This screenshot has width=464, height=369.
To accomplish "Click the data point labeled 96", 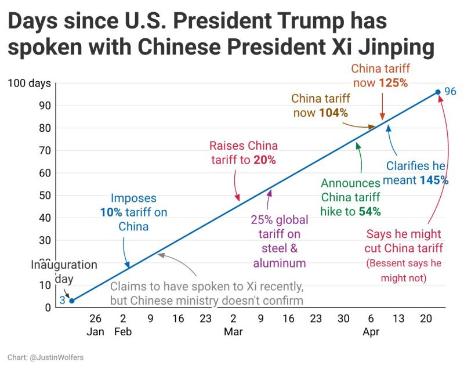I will tap(438, 92).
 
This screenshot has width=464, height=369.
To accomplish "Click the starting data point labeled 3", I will tap(72, 301).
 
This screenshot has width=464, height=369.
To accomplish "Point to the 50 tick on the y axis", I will tap(45, 196).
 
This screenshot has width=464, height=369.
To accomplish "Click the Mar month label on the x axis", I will tap(233, 332).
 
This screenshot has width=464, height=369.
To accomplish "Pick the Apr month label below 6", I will tap(371, 332).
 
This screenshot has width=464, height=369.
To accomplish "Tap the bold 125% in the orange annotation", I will tap(394, 83).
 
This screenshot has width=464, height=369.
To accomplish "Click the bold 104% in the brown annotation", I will tap(333, 113).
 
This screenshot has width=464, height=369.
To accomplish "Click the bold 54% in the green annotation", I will tap(369, 211).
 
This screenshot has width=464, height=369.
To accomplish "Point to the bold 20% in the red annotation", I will tap(264, 160).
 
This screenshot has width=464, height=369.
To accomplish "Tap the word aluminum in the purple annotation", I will tap(279, 263).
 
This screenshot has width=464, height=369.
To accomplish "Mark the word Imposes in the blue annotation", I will tap(133, 198).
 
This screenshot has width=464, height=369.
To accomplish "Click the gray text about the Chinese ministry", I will tap(206, 301).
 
